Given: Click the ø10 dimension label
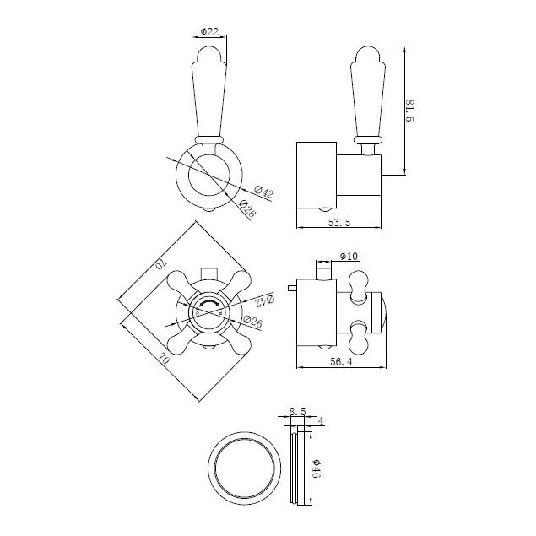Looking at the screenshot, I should [349, 256].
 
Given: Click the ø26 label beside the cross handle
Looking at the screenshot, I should [251, 321].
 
